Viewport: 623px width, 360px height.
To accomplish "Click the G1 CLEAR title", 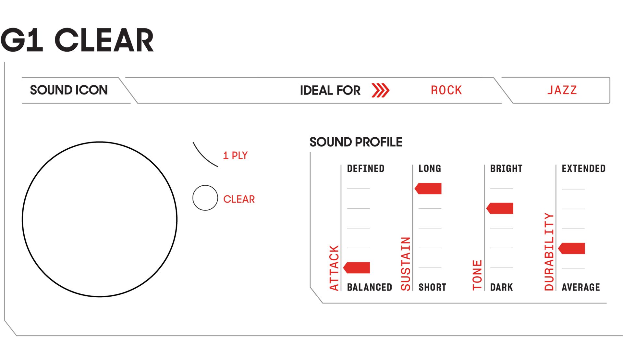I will click(77, 40).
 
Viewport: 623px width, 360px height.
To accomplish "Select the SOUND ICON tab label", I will click(69, 90).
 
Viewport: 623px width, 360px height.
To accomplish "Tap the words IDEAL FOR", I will click(330, 90).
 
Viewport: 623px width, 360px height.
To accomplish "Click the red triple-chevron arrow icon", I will click(380, 90).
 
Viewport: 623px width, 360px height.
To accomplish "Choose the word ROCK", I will click(446, 90).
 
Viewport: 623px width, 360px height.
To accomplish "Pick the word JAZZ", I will click(562, 90).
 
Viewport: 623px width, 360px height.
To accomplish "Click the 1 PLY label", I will click(235, 155).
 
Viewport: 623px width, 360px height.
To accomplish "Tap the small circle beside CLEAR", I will click(205, 198).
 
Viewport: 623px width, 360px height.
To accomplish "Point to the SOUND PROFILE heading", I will click(356, 142).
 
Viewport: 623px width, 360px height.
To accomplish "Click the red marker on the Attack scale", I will click(357, 268).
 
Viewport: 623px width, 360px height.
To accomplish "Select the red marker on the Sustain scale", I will click(429, 189).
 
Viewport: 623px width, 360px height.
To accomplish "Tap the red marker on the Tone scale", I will click(500, 208).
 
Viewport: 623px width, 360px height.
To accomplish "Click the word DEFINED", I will click(365, 169).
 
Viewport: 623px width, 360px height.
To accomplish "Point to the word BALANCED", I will click(369, 287).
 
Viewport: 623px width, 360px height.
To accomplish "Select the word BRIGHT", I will click(506, 169).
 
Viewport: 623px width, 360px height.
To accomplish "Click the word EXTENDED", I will click(583, 169).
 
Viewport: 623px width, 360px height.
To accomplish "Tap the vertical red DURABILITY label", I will click(549, 252).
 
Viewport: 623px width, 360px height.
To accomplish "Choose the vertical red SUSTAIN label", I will click(406, 264).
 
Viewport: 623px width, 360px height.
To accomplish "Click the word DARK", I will click(501, 287).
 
